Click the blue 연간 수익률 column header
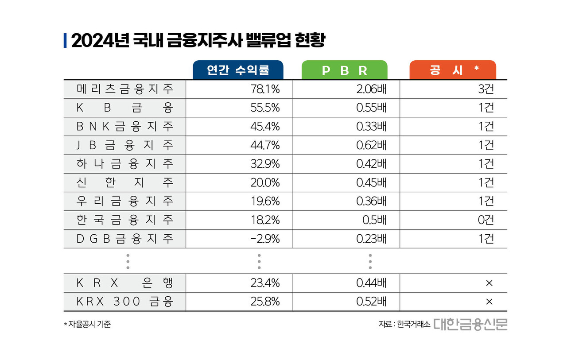coord(238,70)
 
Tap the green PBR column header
coord(345,70)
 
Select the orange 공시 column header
coord(453,70)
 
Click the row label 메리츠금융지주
coord(124,89)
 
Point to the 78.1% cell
coord(265,89)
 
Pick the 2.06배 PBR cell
coord(371,89)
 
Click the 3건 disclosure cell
coord(485,89)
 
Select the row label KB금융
coord(124,108)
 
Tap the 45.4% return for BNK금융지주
coord(265,127)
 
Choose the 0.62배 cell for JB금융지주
coord(371,145)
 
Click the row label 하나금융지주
coord(124,164)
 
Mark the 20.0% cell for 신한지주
coord(265,182)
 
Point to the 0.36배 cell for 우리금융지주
coord(371,201)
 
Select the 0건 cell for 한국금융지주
coord(485,220)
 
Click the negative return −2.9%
coord(265,239)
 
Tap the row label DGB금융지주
coord(124,239)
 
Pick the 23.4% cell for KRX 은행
coord(265,283)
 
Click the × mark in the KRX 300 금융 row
coord(489,302)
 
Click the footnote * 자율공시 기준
coord(87,324)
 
